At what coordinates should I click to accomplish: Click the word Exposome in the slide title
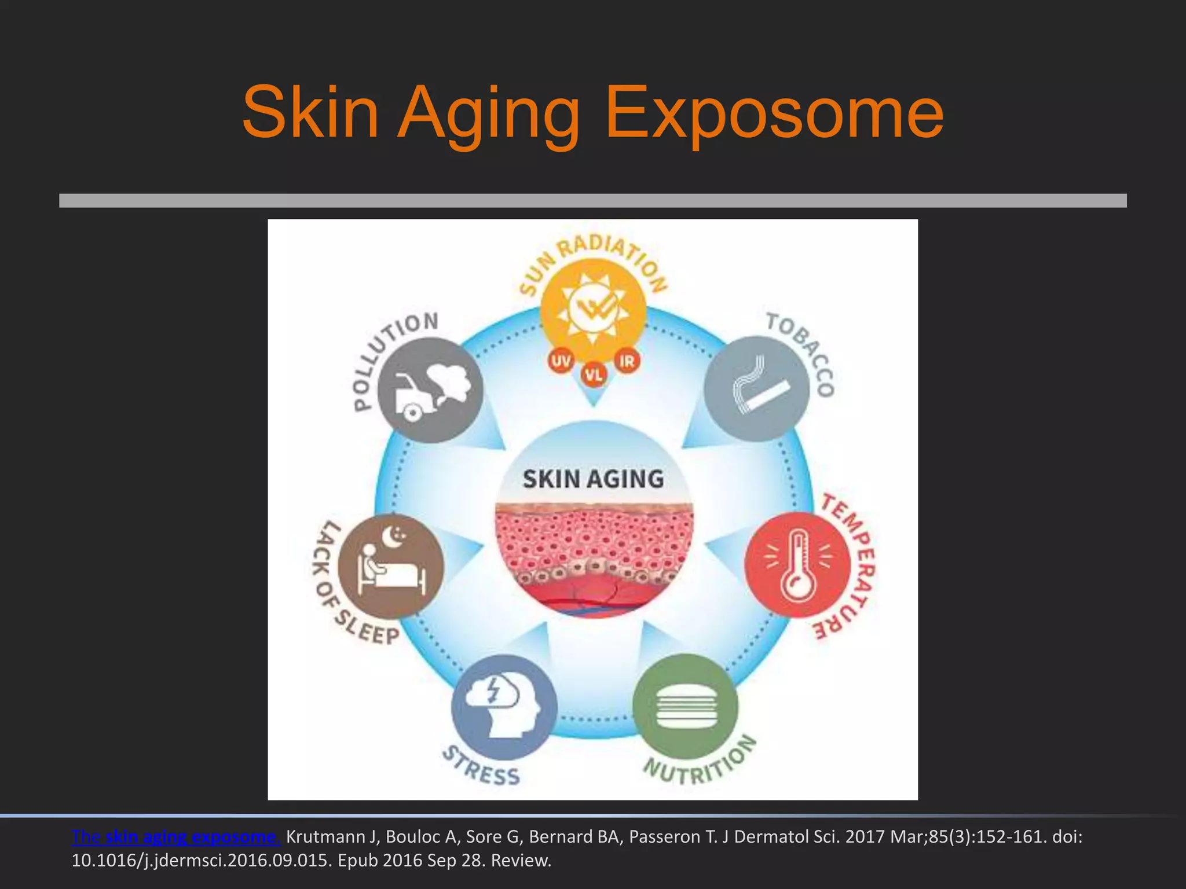pyautogui.click(x=774, y=112)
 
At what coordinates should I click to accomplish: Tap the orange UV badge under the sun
pyautogui.click(x=561, y=362)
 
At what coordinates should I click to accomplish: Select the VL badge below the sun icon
pyautogui.click(x=594, y=375)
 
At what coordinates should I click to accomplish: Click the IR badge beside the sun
pyautogui.click(x=627, y=362)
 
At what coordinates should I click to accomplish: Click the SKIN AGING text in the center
pyautogui.click(x=593, y=479)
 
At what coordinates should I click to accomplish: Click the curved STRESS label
pyautogui.click(x=481, y=767)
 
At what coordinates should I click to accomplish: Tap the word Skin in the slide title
pyautogui.click(x=310, y=112)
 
